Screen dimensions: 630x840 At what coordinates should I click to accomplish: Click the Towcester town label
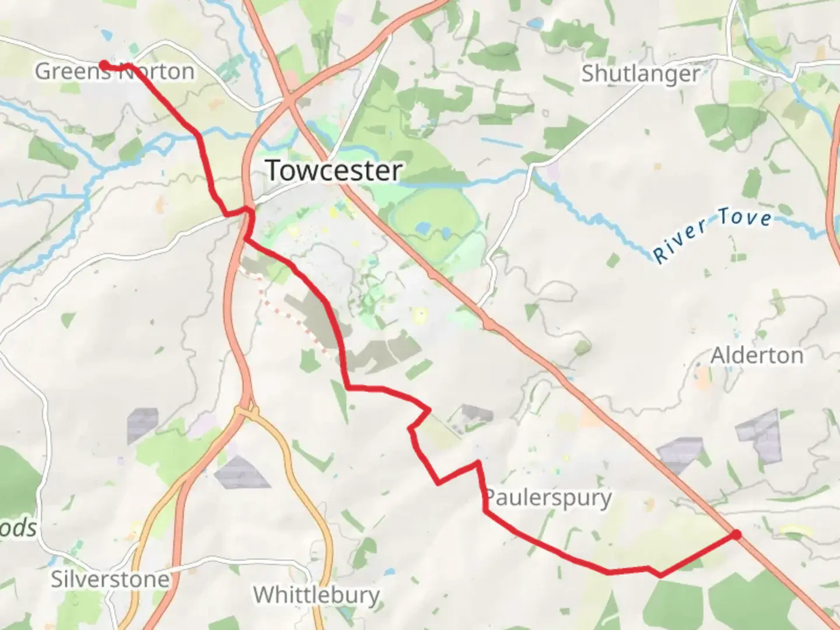[x=334, y=170]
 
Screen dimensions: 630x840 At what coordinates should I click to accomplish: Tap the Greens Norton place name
[x=114, y=71]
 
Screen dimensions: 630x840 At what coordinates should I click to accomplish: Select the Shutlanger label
[x=640, y=73]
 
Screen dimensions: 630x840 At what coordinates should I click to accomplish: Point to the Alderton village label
[x=757, y=355]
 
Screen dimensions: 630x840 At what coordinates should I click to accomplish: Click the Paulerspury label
[x=548, y=498]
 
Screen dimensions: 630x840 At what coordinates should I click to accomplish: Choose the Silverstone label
[x=110, y=579]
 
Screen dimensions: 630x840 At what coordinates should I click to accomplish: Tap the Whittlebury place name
[x=316, y=595]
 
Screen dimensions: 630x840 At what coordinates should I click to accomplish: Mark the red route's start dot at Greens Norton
[x=103, y=65]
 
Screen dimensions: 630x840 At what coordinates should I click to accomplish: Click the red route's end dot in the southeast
[x=736, y=534]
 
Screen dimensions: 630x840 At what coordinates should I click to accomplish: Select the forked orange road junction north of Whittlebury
[x=248, y=411]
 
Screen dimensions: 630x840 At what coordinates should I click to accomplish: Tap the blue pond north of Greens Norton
[x=107, y=35]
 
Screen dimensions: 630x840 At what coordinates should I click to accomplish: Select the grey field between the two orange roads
[x=241, y=471]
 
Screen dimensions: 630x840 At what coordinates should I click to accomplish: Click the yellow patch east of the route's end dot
[x=796, y=530]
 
